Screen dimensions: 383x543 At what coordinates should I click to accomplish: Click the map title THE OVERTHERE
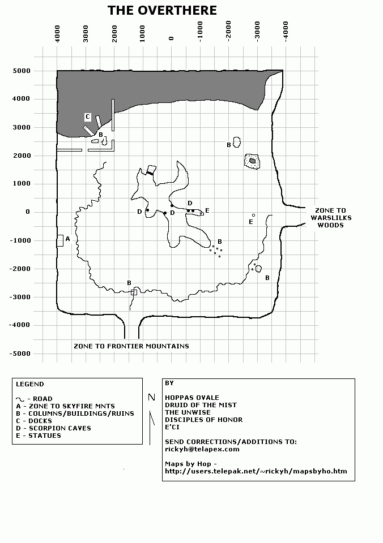click(x=162, y=10)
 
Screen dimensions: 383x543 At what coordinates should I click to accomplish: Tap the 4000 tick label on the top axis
click(x=57, y=33)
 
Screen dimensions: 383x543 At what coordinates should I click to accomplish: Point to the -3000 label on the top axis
click(x=257, y=32)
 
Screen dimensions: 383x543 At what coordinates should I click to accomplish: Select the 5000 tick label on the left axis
click(x=22, y=71)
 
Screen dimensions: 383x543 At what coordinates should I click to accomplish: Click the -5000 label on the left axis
click(x=20, y=354)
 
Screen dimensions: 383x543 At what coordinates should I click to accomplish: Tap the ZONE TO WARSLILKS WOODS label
click(x=331, y=218)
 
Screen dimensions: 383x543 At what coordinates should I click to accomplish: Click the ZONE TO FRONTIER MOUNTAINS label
click(x=131, y=346)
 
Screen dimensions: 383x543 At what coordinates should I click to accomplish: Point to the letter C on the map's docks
click(x=88, y=117)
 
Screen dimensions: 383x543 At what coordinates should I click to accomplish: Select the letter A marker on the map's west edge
click(x=67, y=239)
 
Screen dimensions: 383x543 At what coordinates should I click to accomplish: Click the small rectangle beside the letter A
click(x=60, y=241)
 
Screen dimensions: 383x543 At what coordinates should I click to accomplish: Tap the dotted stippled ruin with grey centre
click(x=252, y=161)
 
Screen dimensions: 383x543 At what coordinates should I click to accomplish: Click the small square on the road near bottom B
click(x=134, y=292)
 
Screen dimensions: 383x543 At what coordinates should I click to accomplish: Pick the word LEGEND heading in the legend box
click(x=30, y=384)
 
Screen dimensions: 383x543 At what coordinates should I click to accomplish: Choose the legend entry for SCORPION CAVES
click(x=53, y=428)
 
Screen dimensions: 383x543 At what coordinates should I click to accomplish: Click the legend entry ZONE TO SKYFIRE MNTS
click(x=65, y=406)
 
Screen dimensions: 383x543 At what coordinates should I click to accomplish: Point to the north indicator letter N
click(x=152, y=397)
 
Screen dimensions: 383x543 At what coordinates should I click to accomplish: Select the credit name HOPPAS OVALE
click(x=192, y=398)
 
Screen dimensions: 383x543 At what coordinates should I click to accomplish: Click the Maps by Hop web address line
click(x=256, y=471)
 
